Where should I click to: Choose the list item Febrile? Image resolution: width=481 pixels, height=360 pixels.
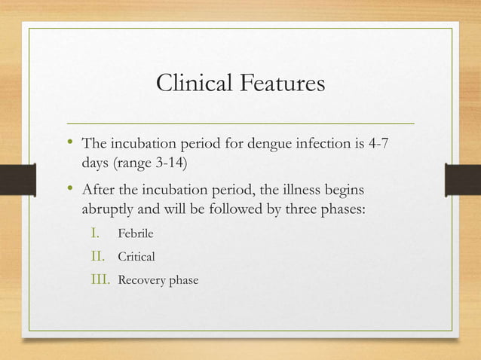135,233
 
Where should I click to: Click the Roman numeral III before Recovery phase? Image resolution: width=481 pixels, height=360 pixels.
100,280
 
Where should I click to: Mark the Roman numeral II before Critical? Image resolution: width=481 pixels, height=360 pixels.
100,257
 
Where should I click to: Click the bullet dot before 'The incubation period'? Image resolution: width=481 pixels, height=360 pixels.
70,143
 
